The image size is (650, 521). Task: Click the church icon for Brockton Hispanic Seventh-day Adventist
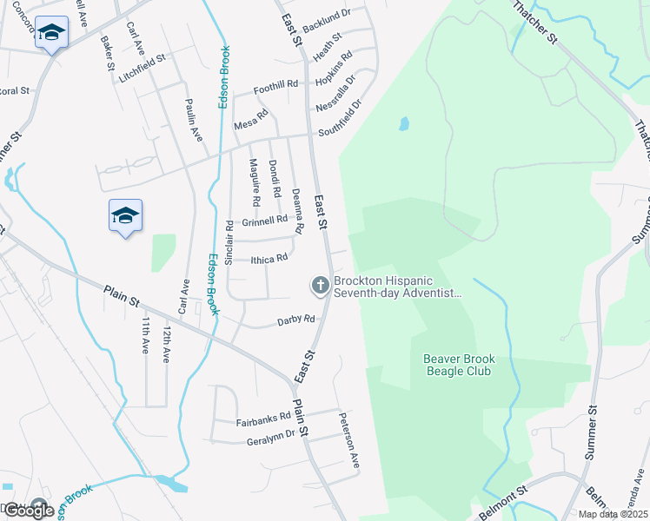pyautogui.click(x=320, y=285)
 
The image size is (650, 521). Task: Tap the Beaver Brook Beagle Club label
pyautogui.click(x=457, y=365)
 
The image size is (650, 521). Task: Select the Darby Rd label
pyautogui.click(x=295, y=320)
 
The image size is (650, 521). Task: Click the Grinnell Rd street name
pyautogui.click(x=265, y=219)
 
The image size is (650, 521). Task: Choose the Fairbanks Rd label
pyautogui.click(x=263, y=422)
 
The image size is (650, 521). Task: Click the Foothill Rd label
pyautogui.click(x=275, y=88)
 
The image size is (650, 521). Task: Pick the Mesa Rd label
pyautogui.click(x=250, y=125)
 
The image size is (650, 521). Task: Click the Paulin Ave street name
pyautogui.click(x=193, y=122)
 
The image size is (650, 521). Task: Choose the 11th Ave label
pyautogui.click(x=145, y=336)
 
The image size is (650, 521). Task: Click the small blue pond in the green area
pyautogui.click(x=404, y=124)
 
